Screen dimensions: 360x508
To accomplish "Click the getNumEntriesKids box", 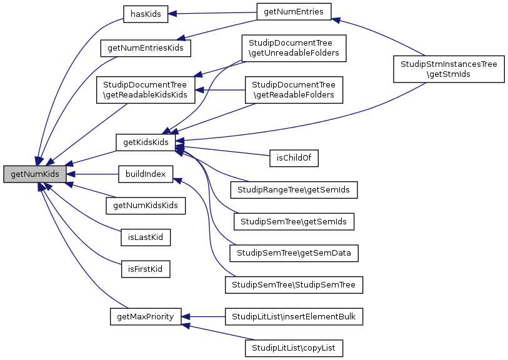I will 146,47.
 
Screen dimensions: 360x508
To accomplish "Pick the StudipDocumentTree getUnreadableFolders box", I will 294,48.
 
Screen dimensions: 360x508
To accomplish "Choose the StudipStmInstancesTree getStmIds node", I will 448,68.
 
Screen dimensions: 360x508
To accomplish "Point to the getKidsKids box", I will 146,142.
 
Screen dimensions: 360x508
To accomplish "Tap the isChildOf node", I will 294,159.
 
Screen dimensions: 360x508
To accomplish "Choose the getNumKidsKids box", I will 146,205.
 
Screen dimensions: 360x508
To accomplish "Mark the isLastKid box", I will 146,237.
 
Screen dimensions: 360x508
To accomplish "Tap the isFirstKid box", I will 146,269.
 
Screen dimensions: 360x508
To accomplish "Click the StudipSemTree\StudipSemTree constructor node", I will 294,285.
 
